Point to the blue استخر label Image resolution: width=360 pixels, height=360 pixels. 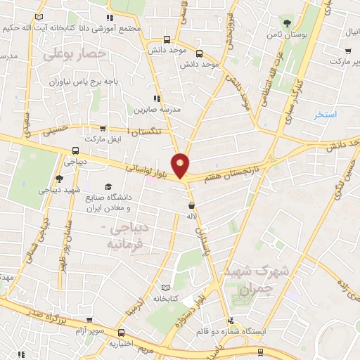tap(326, 114)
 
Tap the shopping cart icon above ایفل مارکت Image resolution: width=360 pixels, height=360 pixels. tap(103, 129)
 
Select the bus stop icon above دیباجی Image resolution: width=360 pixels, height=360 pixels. tap(75, 150)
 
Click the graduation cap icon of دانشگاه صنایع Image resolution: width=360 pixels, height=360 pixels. tap(108, 186)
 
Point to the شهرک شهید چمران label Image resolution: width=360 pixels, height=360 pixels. tap(245, 280)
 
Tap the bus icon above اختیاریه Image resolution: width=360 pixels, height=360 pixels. tap(122, 333)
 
